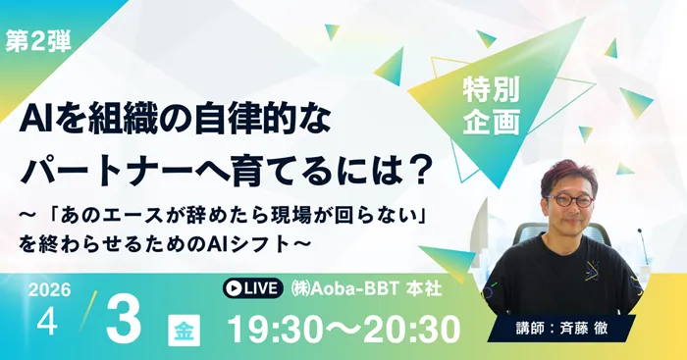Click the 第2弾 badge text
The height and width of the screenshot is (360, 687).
38,42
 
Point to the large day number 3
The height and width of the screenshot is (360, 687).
124,317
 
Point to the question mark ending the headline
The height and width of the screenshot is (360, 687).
420,167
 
